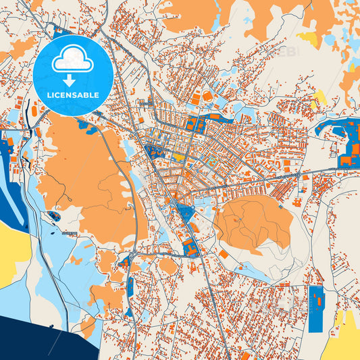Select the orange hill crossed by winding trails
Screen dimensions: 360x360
[253, 222]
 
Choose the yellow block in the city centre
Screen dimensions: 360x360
[178, 157]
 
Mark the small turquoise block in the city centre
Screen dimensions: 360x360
[211, 162]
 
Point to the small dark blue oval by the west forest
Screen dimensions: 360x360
[53, 216]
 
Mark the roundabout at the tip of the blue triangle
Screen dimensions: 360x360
[174, 202]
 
